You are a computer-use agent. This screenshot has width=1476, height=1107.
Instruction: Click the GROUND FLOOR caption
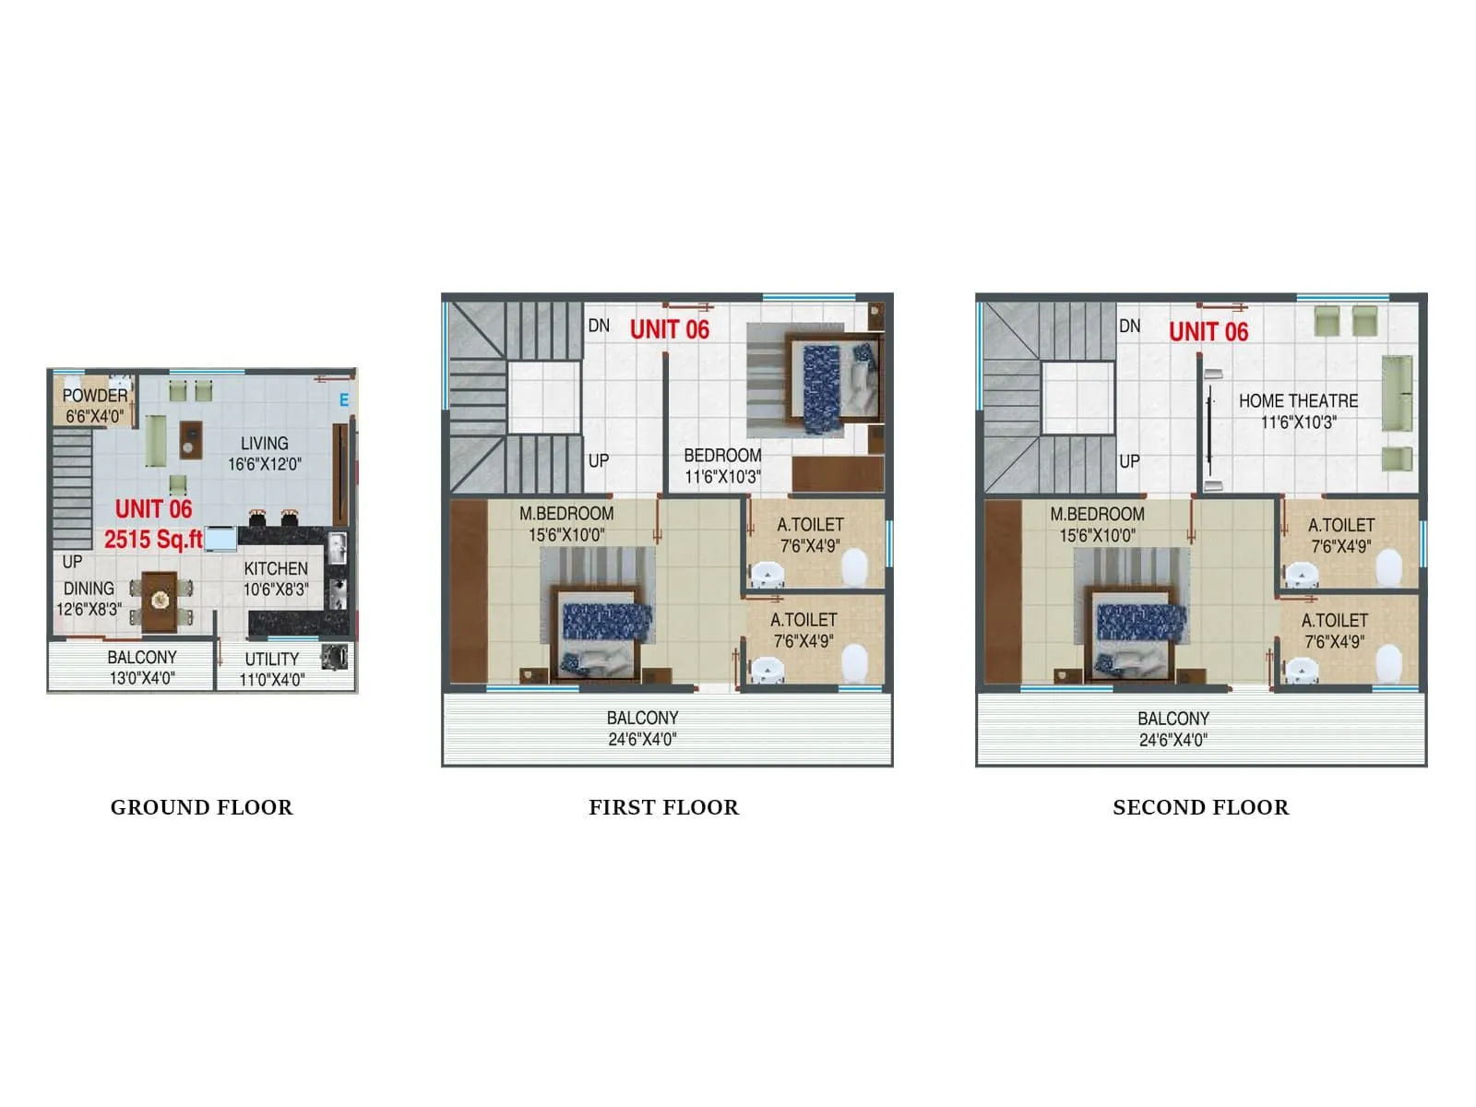(201, 807)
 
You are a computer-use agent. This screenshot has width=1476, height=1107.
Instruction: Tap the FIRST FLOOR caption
(663, 807)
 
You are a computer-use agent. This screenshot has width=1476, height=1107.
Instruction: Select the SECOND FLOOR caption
(1200, 807)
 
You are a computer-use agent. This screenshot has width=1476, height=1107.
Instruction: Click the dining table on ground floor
(160, 601)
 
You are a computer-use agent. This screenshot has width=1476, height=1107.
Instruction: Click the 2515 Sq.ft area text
(153, 540)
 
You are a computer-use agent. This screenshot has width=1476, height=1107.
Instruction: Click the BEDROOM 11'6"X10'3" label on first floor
(722, 466)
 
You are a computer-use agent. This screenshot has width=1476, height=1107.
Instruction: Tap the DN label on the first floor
(599, 326)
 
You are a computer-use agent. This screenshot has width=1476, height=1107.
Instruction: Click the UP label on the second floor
(1129, 461)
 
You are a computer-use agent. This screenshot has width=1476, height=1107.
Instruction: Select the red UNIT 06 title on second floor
(1208, 332)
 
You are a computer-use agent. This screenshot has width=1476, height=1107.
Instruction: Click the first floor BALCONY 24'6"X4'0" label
(642, 728)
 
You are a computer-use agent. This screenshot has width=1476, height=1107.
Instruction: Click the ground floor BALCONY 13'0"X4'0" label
(142, 667)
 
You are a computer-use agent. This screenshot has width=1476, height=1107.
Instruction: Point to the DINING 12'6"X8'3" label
(89, 599)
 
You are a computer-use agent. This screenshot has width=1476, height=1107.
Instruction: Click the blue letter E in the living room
(344, 400)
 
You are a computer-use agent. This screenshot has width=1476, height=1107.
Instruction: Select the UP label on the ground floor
(72, 562)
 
